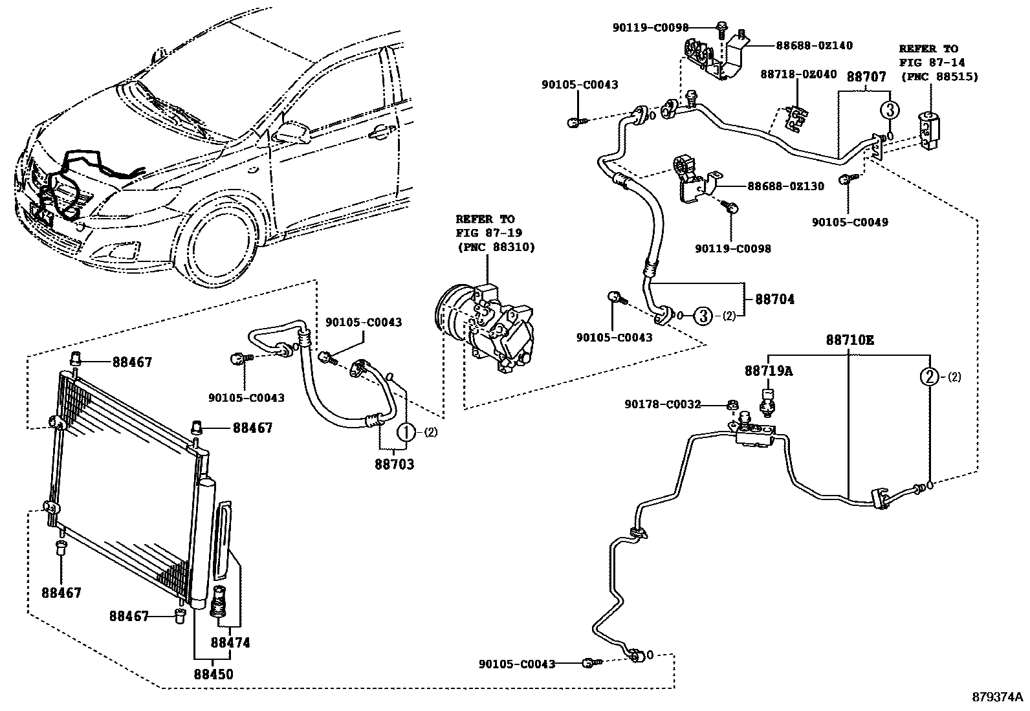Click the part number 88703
(394, 464)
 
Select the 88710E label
(849, 340)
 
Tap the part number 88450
(213, 674)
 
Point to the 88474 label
(230, 643)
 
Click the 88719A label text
(768, 371)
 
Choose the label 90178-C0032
(663, 404)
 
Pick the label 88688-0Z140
(815, 45)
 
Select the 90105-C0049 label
(849, 223)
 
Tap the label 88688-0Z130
(786, 186)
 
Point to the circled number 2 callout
(929, 377)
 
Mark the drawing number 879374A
(997, 697)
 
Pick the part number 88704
(774, 300)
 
